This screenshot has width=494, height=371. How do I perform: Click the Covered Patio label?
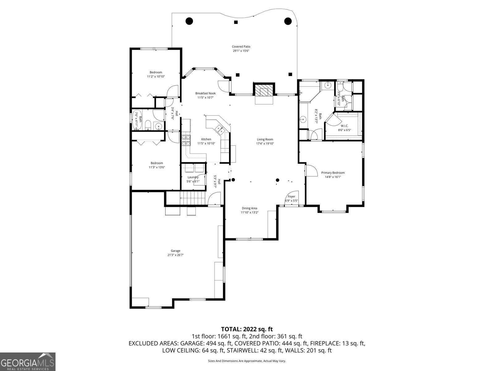click(241, 47)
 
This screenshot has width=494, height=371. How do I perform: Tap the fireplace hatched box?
click(264, 90)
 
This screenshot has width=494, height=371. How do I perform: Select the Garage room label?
click(175, 251)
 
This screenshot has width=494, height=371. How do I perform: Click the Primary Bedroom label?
click(333, 173)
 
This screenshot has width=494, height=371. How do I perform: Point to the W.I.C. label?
click(345, 126)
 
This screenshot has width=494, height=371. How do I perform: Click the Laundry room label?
click(193, 177)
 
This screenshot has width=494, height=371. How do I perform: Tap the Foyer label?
click(291, 197)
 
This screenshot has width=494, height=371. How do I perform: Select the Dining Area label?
click(249, 208)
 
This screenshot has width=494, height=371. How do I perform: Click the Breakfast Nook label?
click(205, 93)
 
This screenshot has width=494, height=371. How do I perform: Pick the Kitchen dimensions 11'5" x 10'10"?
click(206, 143)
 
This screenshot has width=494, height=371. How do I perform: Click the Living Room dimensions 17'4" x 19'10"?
click(265, 143)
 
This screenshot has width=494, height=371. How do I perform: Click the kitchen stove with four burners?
click(186, 140)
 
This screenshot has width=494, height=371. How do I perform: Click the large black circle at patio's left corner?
click(189, 21)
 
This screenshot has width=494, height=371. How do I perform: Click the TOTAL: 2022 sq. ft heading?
click(247, 329)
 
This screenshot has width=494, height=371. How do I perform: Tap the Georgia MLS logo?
click(28, 361)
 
